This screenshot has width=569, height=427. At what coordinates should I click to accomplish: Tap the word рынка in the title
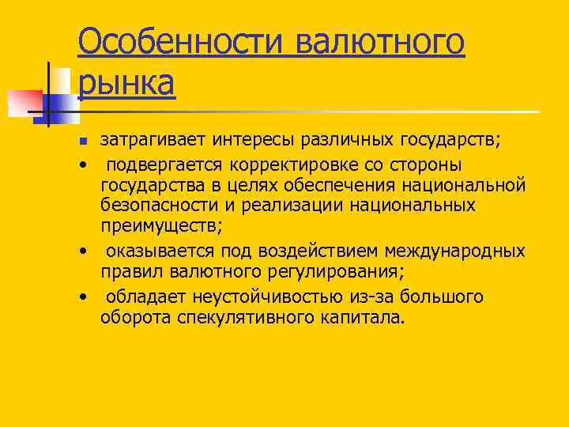click(x=126, y=82)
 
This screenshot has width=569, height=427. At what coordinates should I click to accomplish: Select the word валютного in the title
click(x=380, y=41)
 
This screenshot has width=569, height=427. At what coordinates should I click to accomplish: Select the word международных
click(x=456, y=251)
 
